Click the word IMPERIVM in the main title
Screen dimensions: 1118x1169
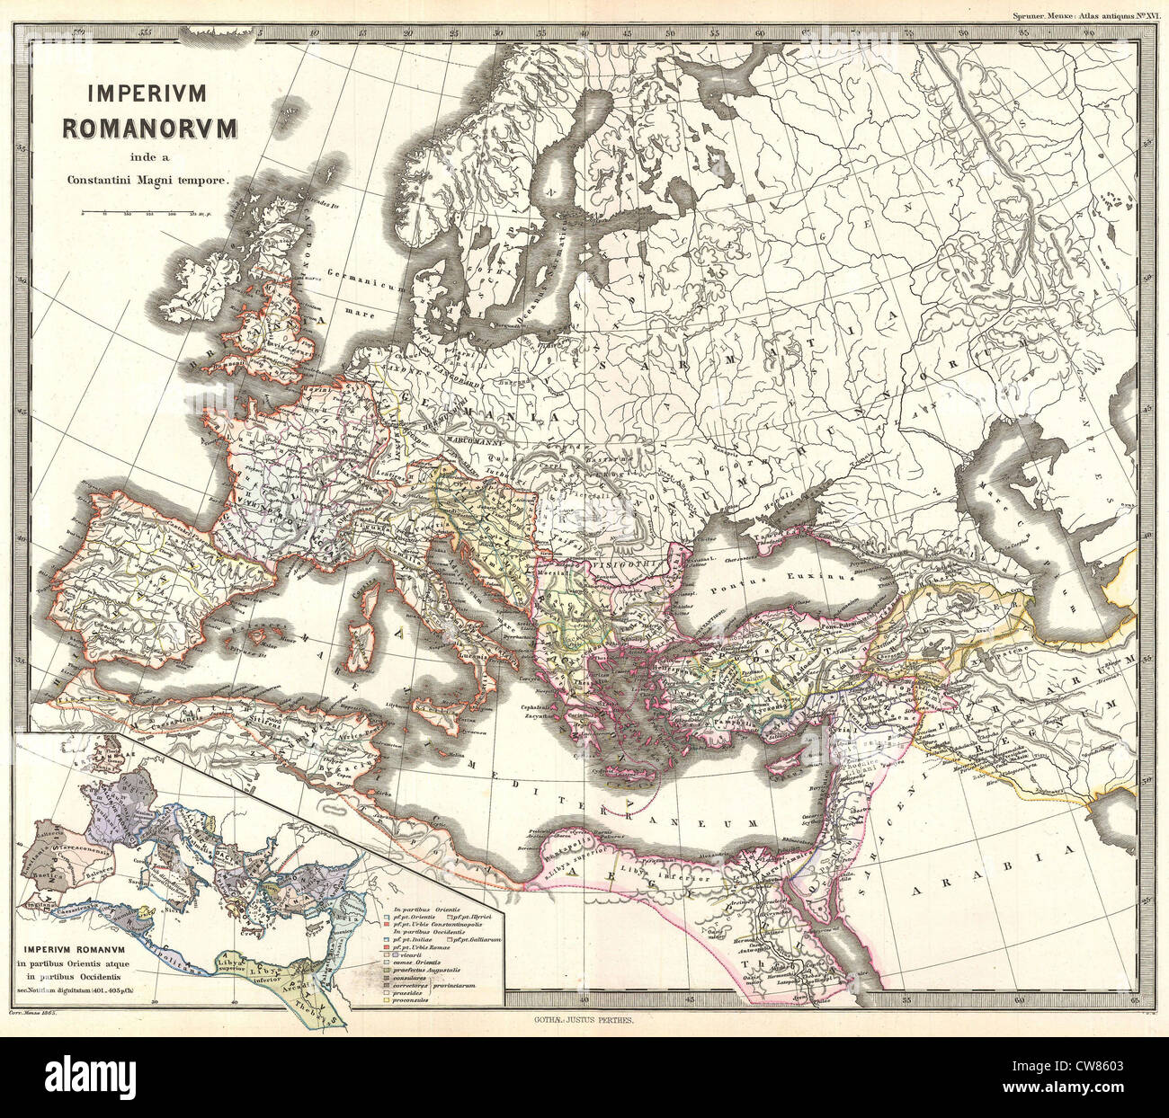[x=148, y=93]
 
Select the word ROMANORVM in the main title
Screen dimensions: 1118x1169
[x=149, y=127]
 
